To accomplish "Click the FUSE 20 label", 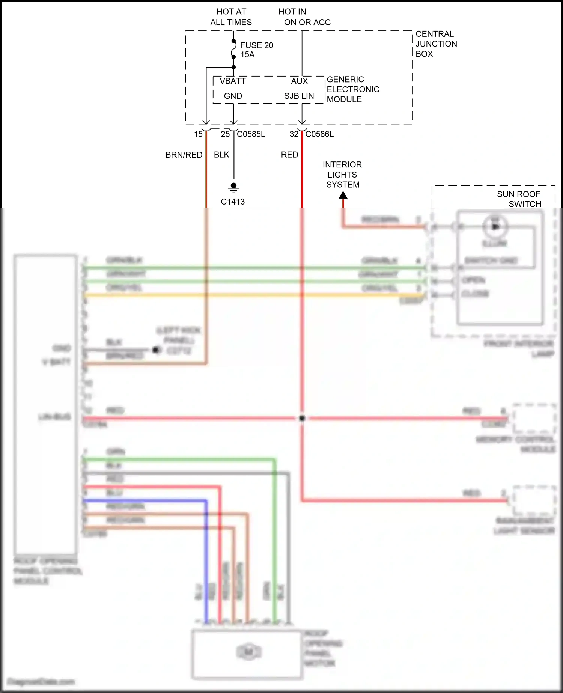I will [x=257, y=45].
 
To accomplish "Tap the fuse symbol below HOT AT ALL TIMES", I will [x=233, y=49].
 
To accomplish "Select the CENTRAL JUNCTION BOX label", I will [x=436, y=44].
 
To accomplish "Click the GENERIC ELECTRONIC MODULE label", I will [x=352, y=89].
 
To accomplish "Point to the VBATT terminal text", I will [x=233, y=81].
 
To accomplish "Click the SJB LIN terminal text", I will [x=299, y=96].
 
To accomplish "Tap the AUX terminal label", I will [x=299, y=81].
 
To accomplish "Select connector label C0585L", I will [x=251, y=134].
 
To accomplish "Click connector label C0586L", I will [x=319, y=134].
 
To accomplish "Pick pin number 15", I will [x=198, y=134].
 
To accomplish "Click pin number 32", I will [x=294, y=134].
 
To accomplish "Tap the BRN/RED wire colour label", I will [x=184, y=155].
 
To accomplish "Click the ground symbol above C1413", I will [x=233, y=187].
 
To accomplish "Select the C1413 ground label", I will [x=233, y=202].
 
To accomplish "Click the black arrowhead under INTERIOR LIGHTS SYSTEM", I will [x=343, y=196].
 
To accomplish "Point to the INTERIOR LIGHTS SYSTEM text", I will [x=343, y=175].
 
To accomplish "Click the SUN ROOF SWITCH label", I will [x=519, y=199].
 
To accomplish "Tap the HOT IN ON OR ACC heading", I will [x=304, y=17].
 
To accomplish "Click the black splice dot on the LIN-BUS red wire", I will [x=302, y=418].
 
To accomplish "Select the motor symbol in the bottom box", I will [x=248, y=652].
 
